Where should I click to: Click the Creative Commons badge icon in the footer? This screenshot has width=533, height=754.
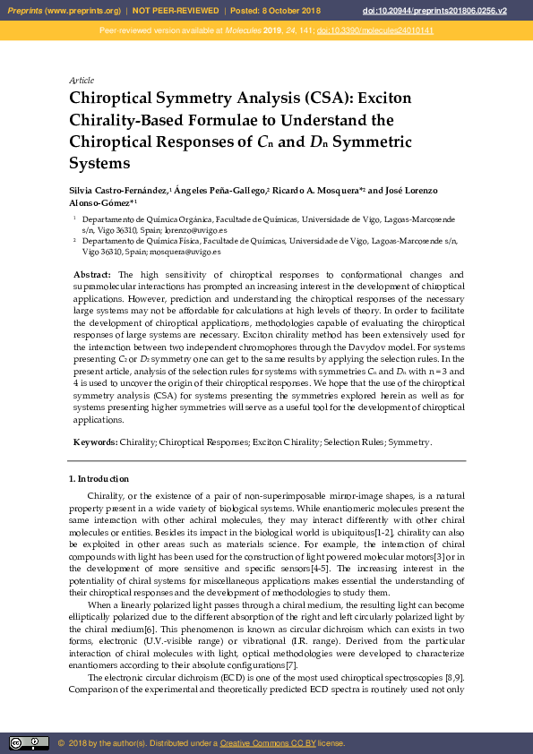[29, 743]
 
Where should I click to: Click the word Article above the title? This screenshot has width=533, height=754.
[82, 81]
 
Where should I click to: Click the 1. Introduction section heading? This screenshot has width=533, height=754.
[99, 479]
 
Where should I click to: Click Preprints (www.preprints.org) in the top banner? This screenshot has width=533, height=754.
[63, 10]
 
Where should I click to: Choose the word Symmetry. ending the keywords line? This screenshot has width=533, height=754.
[410, 442]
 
